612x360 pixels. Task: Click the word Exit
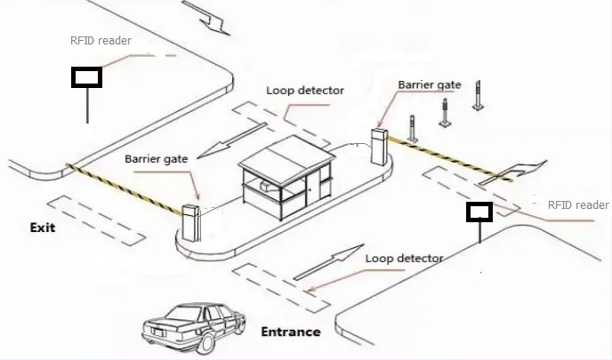[42, 228]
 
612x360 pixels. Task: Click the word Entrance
[290, 332]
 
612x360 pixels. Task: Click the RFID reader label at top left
[100, 41]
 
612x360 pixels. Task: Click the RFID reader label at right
[577, 205]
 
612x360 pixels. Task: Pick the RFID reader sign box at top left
[87, 77]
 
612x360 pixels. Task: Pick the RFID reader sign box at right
[479, 212]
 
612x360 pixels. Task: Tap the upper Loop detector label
[304, 91]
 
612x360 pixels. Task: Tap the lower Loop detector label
[404, 258]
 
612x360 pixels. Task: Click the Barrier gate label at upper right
[429, 84]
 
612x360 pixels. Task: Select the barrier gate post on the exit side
[189, 223]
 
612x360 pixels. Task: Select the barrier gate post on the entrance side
[379, 146]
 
